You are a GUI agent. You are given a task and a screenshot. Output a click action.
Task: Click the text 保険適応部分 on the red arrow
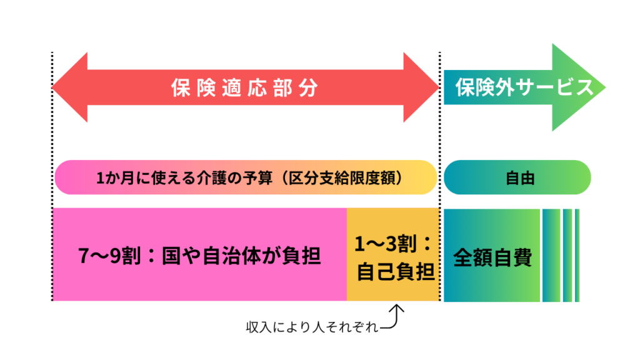tap(244, 88)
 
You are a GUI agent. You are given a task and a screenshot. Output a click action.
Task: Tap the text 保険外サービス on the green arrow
tap(524, 88)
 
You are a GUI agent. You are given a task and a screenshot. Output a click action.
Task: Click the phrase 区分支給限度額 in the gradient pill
tap(351, 178)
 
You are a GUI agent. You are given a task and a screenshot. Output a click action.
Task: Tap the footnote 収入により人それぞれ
tap(312, 328)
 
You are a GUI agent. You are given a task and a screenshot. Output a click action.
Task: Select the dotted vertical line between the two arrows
tap(440, 187)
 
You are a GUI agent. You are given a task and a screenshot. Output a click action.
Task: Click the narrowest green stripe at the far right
tap(577, 256)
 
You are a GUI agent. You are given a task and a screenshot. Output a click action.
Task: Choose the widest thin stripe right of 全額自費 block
tap(551, 256)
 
